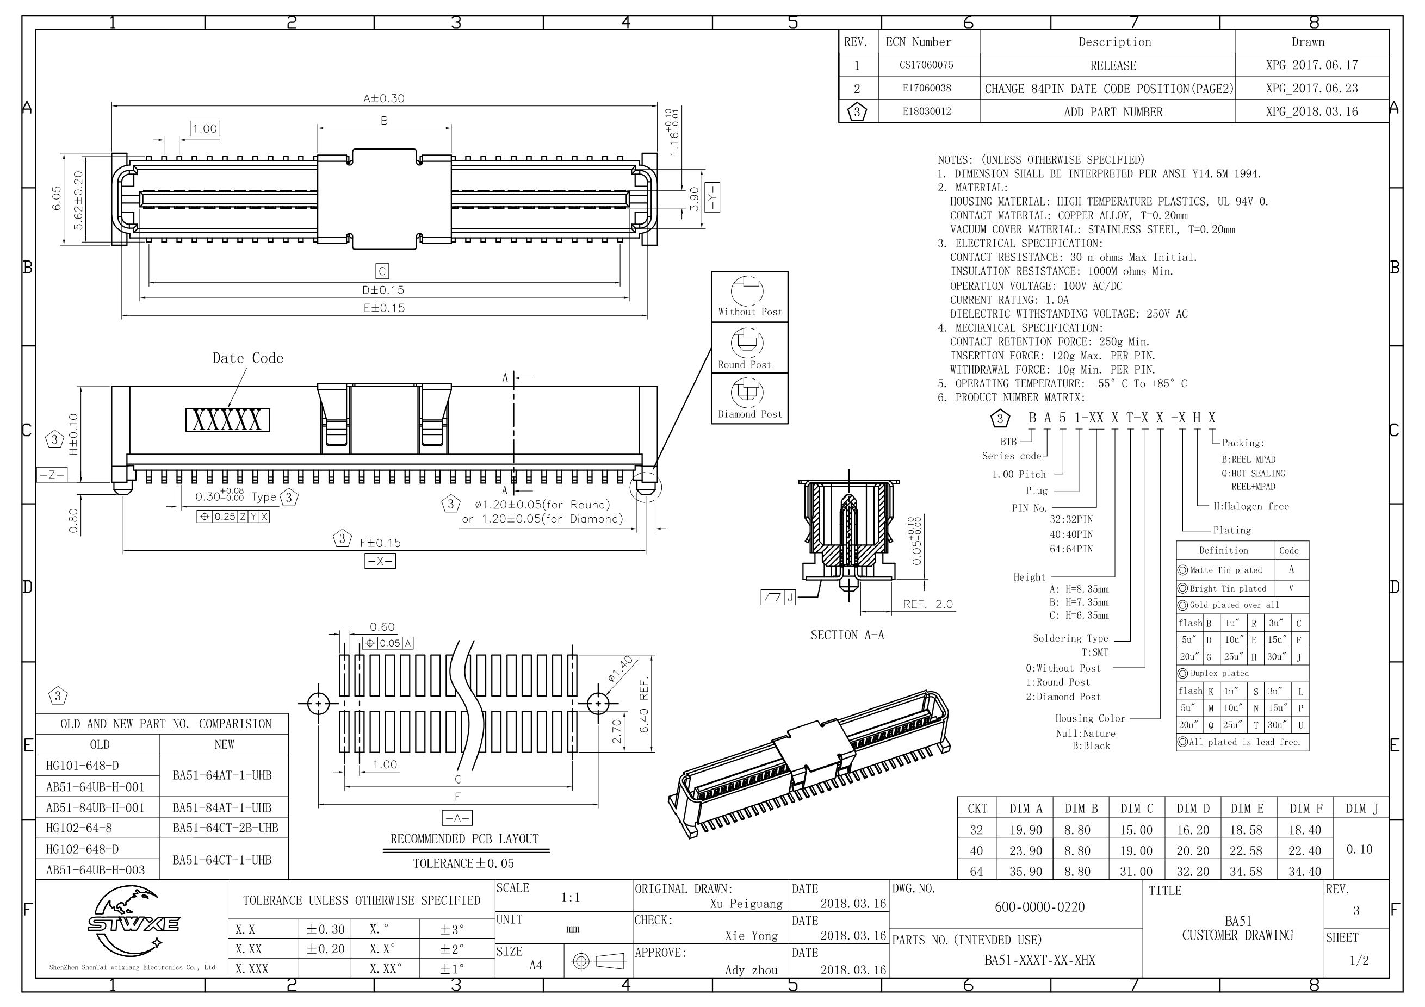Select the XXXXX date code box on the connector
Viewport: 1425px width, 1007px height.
(227, 420)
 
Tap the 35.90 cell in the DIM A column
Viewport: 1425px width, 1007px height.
(1025, 871)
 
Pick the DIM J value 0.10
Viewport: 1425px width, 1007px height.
(1359, 849)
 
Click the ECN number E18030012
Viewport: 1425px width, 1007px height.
(927, 111)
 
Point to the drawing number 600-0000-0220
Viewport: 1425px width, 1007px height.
(1039, 907)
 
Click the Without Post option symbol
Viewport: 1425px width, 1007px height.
(747, 290)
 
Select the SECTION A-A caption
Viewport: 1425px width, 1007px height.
(847, 635)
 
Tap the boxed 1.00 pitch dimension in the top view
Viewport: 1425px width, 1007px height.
(205, 128)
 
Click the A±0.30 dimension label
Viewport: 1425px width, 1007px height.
(383, 98)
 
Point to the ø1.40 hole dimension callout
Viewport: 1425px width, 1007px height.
(620, 669)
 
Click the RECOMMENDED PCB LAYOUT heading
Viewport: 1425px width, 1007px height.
(464, 839)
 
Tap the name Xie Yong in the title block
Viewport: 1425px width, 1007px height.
(751, 936)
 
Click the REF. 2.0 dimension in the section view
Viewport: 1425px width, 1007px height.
(927, 604)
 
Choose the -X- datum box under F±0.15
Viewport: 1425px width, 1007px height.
(380, 561)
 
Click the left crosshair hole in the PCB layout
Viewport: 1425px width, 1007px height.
(318, 704)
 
